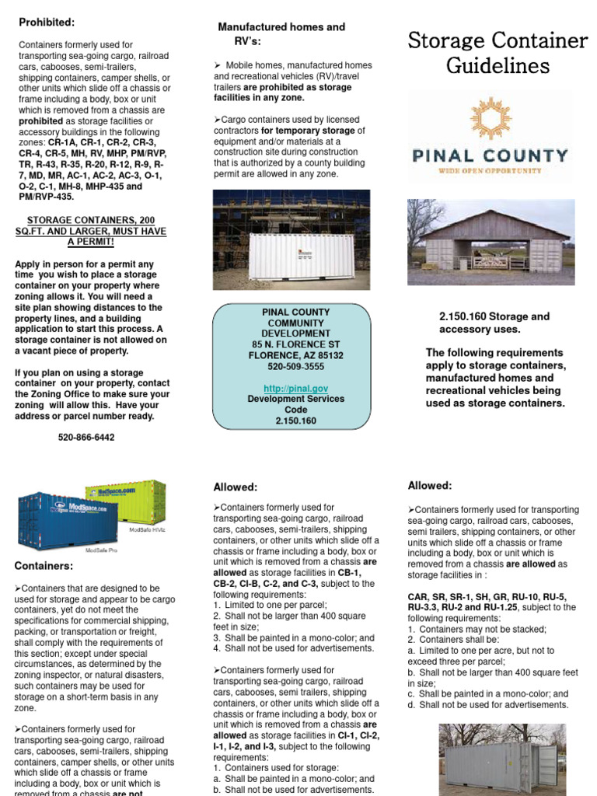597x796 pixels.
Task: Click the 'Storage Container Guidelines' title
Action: (x=497, y=53)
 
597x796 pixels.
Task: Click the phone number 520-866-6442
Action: (x=86, y=438)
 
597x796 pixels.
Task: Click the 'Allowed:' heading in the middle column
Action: (x=235, y=487)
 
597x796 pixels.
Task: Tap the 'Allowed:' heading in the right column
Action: (x=429, y=486)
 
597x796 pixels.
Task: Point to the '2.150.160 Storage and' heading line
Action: (x=494, y=316)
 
